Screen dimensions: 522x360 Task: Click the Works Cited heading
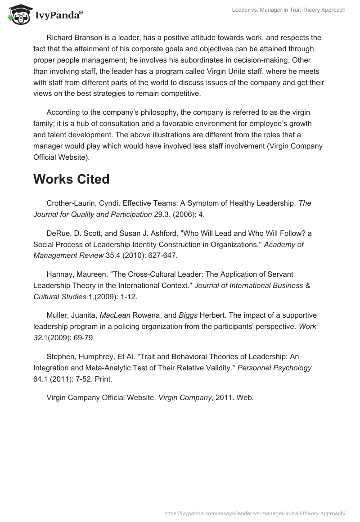(71, 179)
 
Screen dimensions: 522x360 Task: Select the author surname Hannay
(60, 274)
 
